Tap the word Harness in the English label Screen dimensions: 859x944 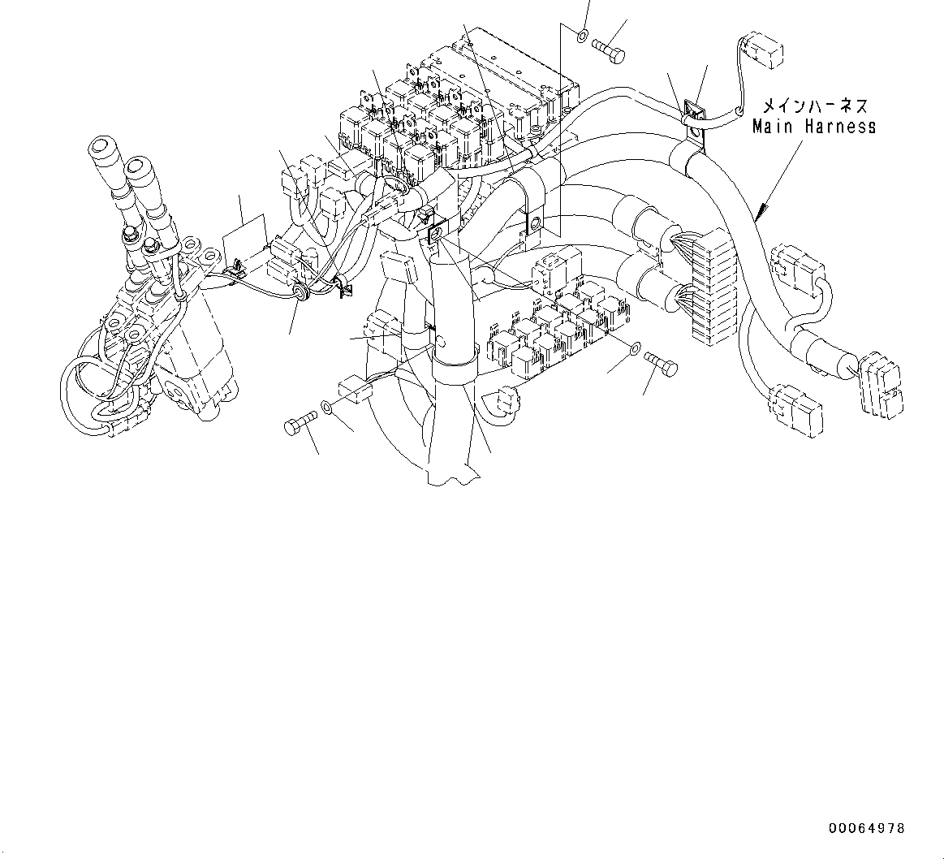pyautogui.click(x=841, y=127)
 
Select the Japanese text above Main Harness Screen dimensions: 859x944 pyautogui.click(x=814, y=106)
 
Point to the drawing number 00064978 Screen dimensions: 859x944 pyautogui.click(x=866, y=829)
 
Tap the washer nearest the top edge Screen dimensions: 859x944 pyautogui.click(x=583, y=36)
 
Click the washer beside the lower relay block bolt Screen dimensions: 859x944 pyautogui.click(x=633, y=350)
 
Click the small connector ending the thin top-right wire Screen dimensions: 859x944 pyautogui.click(x=762, y=51)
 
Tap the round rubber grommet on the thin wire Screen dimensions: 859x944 pyautogui.click(x=302, y=291)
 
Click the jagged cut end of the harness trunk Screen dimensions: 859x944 pyautogui.click(x=451, y=476)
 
